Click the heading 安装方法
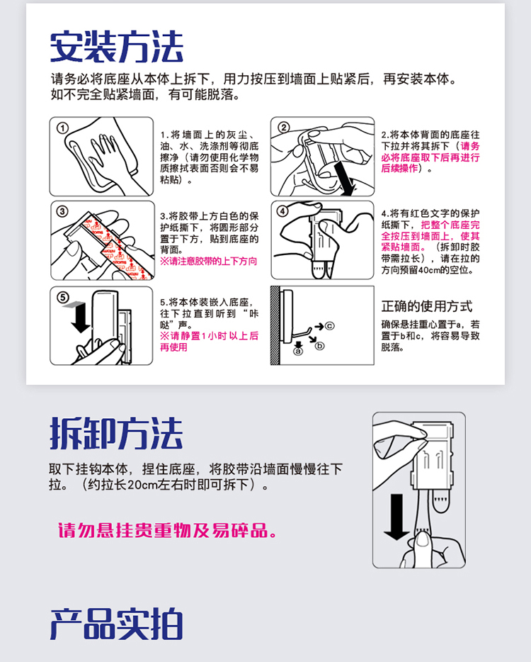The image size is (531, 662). click(x=116, y=47)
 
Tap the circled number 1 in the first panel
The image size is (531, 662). click(x=62, y=128)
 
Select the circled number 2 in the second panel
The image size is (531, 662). click(x=283, y=128)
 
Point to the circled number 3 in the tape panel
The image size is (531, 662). click(x=62, y=211)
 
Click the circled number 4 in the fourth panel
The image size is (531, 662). click(x=282, y=211)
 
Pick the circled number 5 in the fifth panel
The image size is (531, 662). click(x=62, y=297)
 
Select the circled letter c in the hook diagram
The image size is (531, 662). click(x=329, y=326)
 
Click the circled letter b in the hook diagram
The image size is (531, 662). click(x=320, y=346)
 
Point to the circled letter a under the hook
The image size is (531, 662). click(x=298, y=351)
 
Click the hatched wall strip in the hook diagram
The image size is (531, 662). click(x=275, y=325)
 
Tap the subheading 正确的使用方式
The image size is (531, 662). click(x=426, y=306)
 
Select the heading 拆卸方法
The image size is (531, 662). click(x=116, y=433)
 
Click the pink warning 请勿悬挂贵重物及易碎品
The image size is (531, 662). click(x=167, y=530)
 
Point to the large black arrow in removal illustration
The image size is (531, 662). click(x=396, y=517)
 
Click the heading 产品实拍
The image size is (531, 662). click(x=116, y=624)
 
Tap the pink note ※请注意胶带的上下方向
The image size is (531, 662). click(x=208, y=262)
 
